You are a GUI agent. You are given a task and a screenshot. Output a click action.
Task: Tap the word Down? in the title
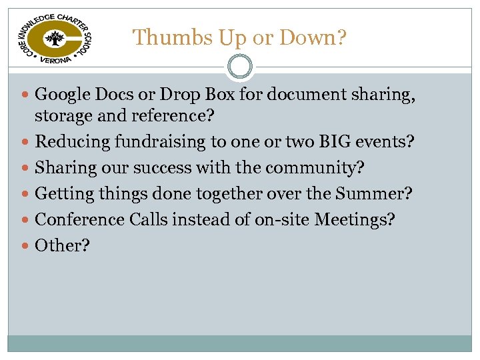(313, 37)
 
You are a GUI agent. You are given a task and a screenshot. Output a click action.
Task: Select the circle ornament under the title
(240, 67)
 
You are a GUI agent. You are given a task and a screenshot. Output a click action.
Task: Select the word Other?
(62, 245)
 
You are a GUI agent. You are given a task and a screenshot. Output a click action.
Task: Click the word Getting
(64, 194)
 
